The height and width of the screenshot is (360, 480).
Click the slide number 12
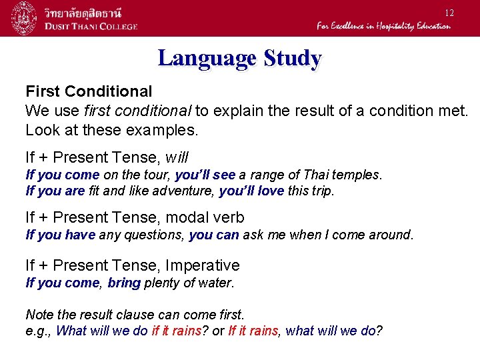[x=449, y=13]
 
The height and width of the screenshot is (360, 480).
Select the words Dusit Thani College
[x=91, y=26]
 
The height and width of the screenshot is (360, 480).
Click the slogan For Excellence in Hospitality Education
[x=383, y=26]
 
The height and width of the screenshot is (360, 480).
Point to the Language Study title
[x=239, y=59]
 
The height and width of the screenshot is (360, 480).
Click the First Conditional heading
[x=89, y=91]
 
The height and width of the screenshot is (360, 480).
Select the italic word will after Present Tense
[x=177, y=157]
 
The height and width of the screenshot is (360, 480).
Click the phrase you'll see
[x=205, y=175]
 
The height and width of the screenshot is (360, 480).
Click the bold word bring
[x=123, y=283]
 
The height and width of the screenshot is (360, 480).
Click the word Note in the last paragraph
[x=39, y=314]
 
